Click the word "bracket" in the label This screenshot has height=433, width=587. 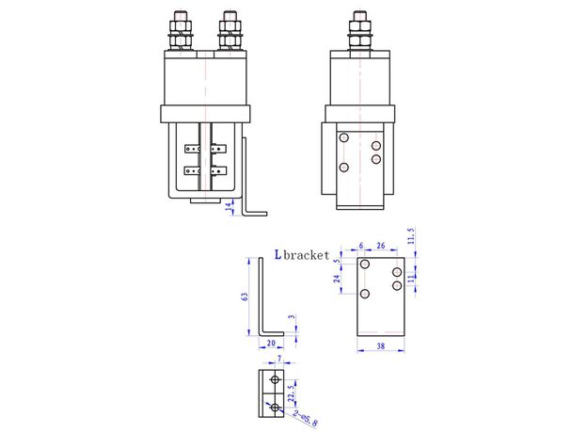click(x=308, y=254)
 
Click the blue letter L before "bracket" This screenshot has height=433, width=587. click(x=278, y=254)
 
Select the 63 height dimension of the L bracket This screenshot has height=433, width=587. click(x=245, y=297)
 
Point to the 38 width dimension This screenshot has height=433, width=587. click(x=379, y=345)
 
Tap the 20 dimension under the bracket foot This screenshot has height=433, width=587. click(x=271, y=345)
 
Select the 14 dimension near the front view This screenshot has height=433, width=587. click(x=229, y=206)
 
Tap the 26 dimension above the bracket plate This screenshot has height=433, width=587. click(x=380, y=246)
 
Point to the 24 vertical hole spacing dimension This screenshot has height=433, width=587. click(x=338, y=280)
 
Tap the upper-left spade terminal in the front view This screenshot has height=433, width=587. click(x=193, y=148)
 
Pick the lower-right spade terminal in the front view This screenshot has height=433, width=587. click(x=219, y=170)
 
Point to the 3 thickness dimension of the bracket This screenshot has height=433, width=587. click(x=292, y=320)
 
